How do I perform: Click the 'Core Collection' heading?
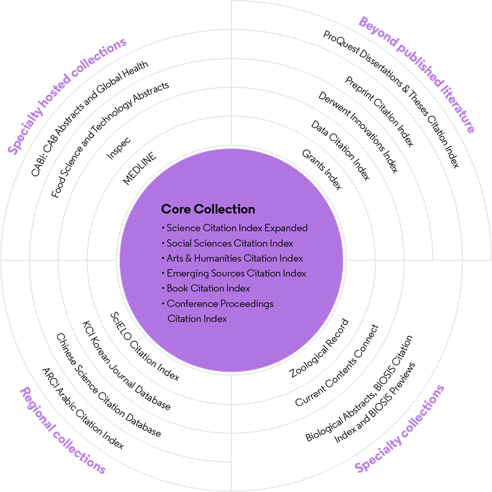(208, 209)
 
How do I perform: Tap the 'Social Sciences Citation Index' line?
(229, 243)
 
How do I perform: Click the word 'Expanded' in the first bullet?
(287, 228)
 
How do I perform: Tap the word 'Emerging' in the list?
(186, 274)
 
